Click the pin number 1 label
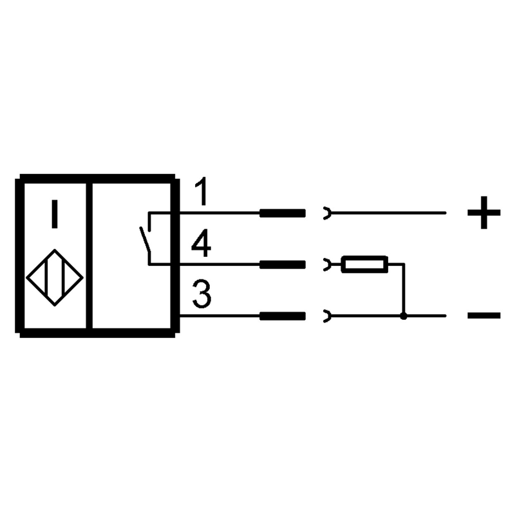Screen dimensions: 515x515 tap(201, 191)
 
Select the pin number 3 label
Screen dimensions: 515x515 tap(201, 294)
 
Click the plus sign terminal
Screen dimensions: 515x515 tap(484, 212)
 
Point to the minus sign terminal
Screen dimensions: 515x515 tap(484, 315)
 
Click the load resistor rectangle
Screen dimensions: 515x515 tap(364, 264)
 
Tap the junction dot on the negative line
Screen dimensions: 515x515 tap(404, 316)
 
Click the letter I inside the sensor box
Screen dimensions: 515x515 tap(55, 214)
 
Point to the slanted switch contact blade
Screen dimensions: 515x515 tap(145, 239)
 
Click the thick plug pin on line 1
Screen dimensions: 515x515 tap(283, 213)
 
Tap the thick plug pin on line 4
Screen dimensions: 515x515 tap(283, 265)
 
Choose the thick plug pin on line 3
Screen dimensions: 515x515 tap(283, 316)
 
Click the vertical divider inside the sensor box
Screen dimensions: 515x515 tap(89, 256)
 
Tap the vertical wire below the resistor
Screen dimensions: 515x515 tap(404, 289)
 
